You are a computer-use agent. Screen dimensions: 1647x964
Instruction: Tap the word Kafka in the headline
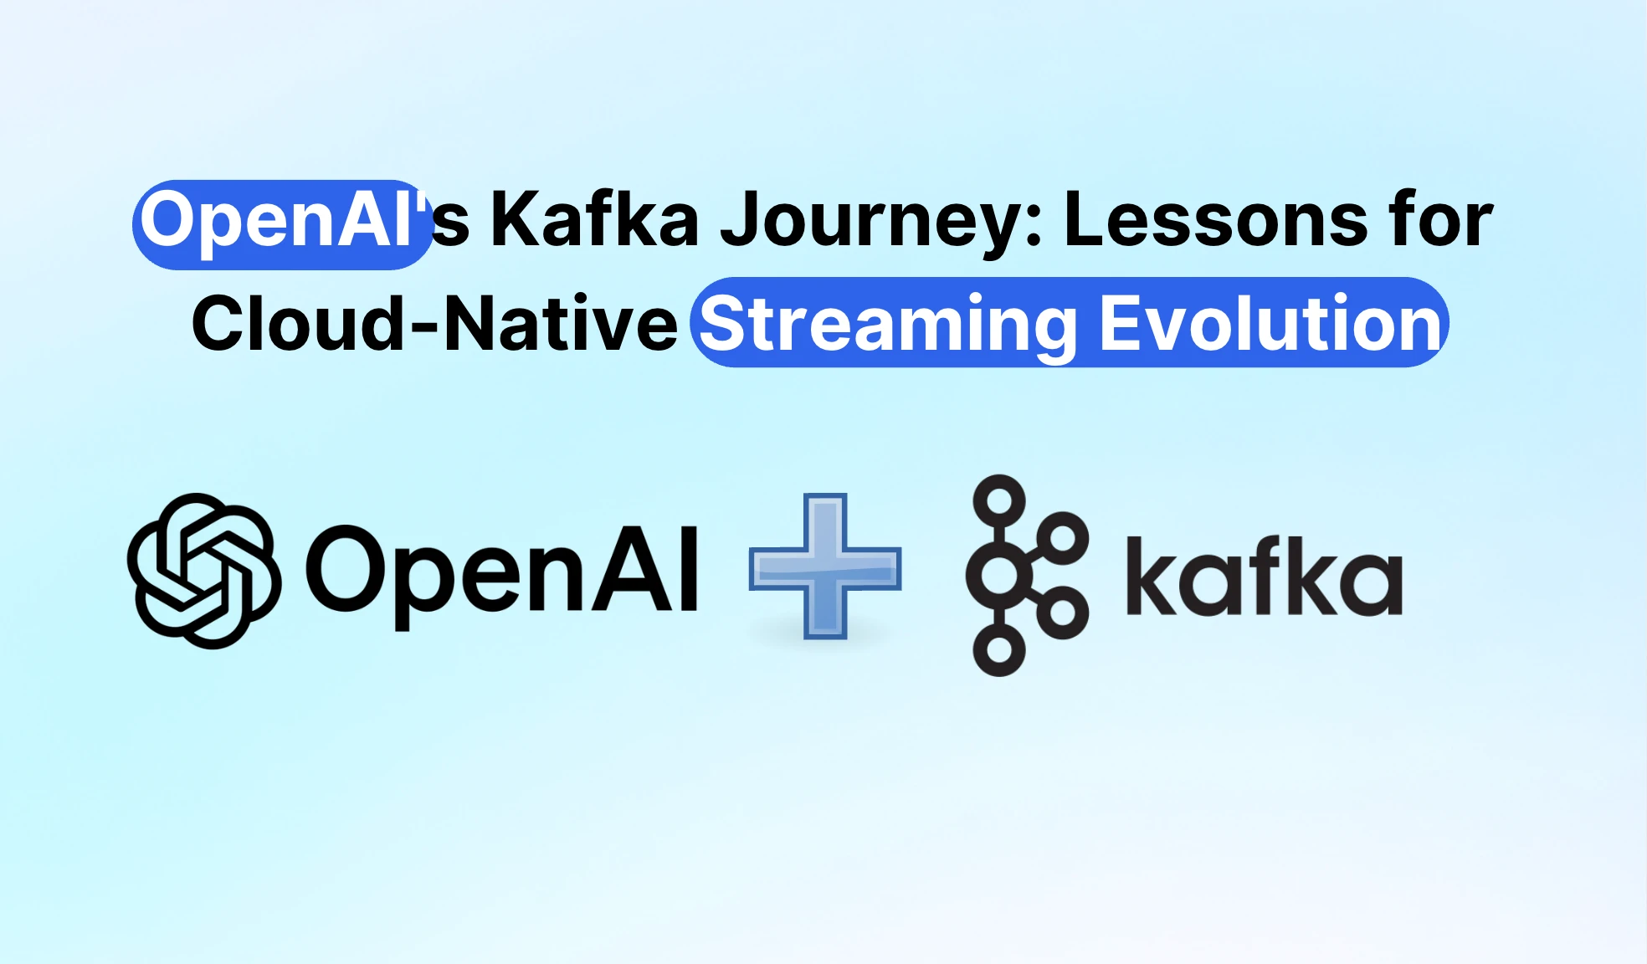point(594,219)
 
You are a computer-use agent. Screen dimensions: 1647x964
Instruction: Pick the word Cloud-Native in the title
point(434,322)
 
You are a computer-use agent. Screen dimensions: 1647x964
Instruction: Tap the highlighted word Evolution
point(1270,323)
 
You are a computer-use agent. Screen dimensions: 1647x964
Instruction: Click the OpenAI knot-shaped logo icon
point(203,571)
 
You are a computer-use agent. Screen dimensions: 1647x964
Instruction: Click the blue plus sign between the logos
point(825,567)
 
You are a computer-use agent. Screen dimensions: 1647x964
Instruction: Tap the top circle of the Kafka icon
point(999,501)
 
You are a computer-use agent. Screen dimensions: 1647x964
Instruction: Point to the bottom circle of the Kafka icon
point(999,649)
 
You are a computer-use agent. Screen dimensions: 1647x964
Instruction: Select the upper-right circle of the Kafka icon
point(1062,538)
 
